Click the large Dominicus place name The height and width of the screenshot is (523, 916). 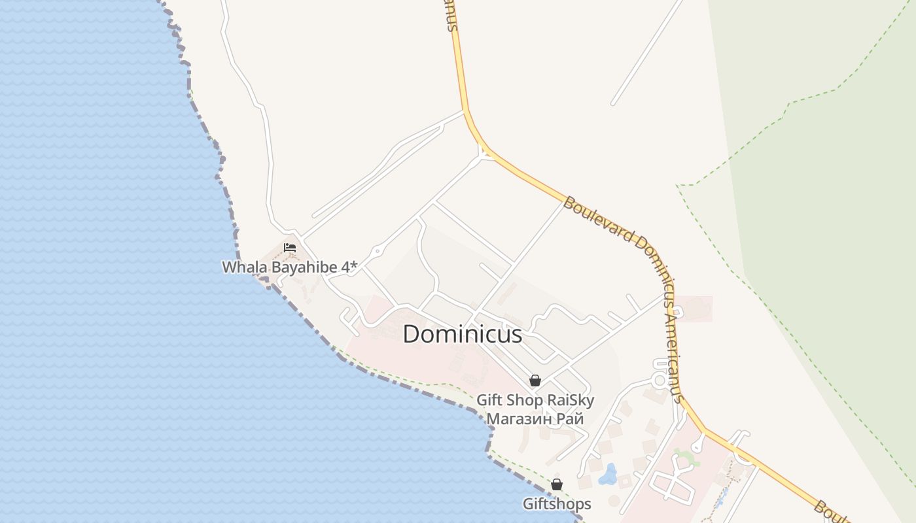pyautogui.click(x=462, y=334)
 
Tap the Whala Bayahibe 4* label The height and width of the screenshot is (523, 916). pyautogui.click(x=289, y=267)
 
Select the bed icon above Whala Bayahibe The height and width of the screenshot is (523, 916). pyautogui.click(x=290, y=248)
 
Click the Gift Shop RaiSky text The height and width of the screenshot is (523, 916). pyautogui.click(x=535, y=399)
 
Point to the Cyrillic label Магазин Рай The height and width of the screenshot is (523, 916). pyautogui.click(x=535, y=418)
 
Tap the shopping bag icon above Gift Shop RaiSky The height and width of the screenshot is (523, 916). pyautogui.click(x=535, y=380)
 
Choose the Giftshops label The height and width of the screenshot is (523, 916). pyautogui.click(x=556, y=503)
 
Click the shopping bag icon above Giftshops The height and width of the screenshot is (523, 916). pyautogui.click(x=556, y=484)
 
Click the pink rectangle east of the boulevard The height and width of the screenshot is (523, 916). pyautogui.click(x=695, y=309)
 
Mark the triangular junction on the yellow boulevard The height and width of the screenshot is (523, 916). pyautogui.click(x=485, y=153)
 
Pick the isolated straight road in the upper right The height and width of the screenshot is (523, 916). pyautogui.click(x=646, y=52)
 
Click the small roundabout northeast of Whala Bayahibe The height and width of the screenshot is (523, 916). pyautogui.click(x=378, y=250)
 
